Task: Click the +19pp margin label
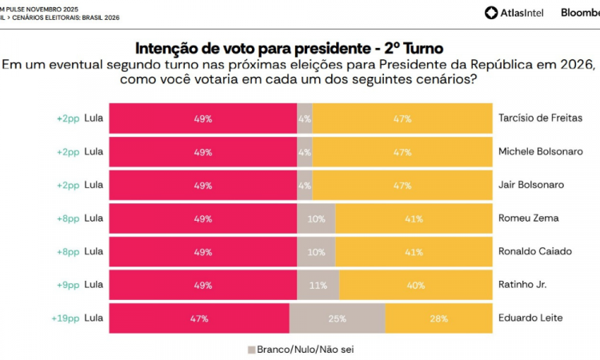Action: pos(66,318)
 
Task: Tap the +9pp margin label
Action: pos(67,285)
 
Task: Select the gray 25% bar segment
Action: pos(337,318)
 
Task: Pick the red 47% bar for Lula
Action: pos(198,318)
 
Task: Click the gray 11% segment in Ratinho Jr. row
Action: pos(318,285)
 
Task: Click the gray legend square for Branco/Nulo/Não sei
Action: pos(250,350)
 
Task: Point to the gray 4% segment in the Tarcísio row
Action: pos(304,118)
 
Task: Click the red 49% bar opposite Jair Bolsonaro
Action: pos(202,185)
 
